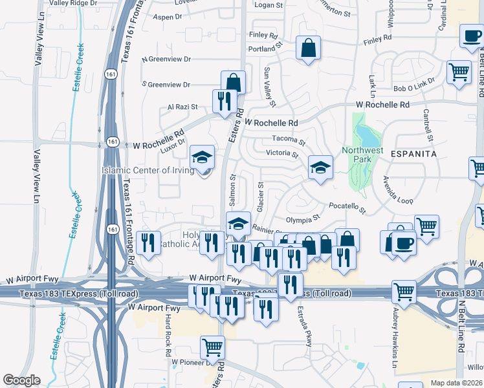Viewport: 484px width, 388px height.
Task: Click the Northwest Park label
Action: click(362, 155)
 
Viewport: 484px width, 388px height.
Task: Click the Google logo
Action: click(21, 380)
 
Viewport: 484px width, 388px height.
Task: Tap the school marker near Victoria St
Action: click(320, 167)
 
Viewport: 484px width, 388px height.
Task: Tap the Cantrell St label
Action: click(428, 124)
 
